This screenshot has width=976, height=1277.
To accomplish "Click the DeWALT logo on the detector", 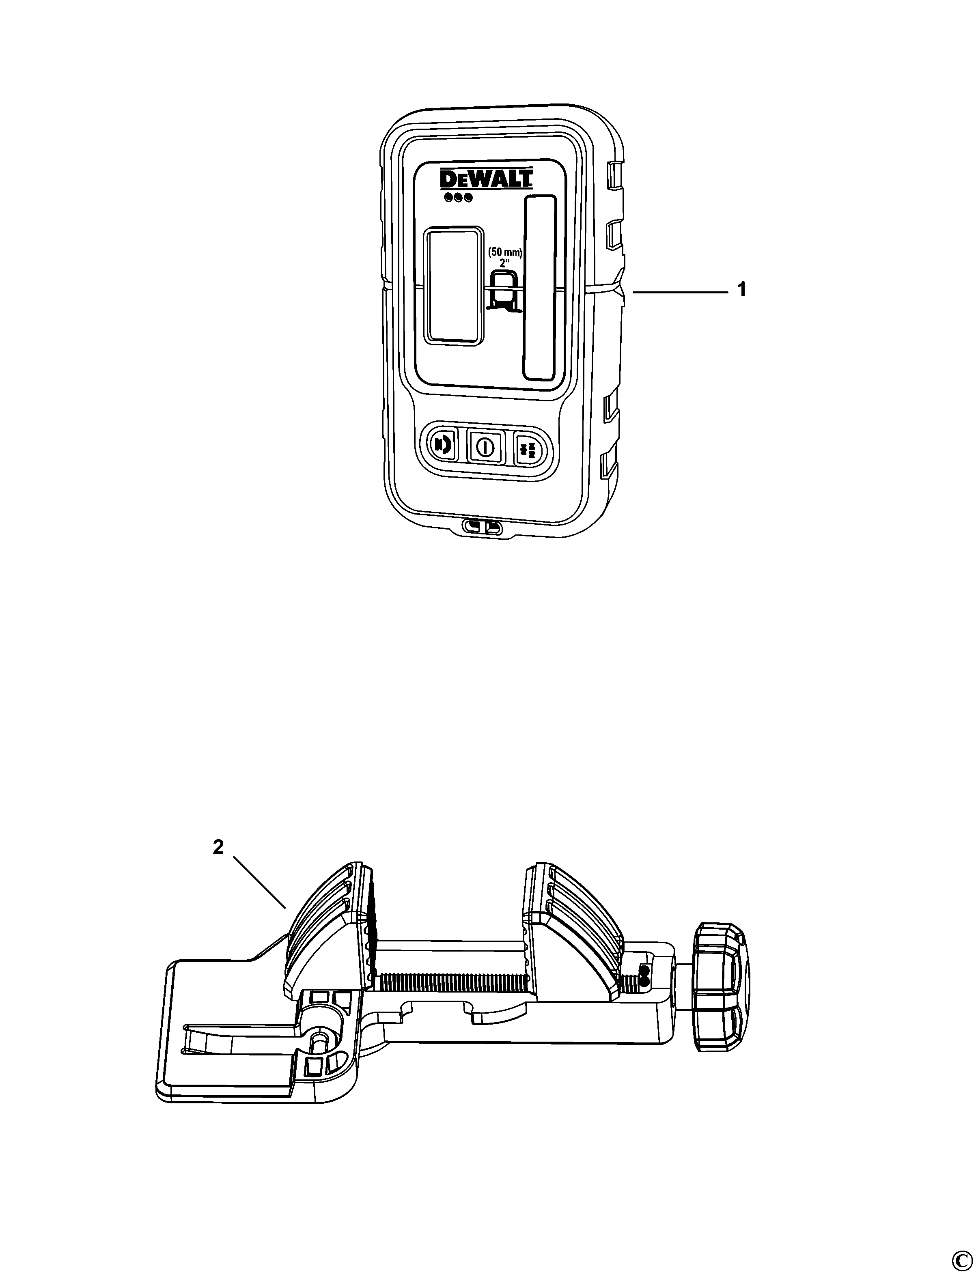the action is (x=486, y=179).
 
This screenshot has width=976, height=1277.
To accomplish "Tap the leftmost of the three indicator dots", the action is (x=448, y=198).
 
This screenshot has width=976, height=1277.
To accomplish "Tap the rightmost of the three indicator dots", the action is (x=468, y=198).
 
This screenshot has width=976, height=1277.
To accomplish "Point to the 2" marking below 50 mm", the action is (x=504, y=263).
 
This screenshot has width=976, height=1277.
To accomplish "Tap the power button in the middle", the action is (x=484, y=447).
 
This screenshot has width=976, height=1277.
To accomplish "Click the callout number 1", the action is (x=741, y=289).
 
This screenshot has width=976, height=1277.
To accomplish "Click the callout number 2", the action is (x=218, y=848).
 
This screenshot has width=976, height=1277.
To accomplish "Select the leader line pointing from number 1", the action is (x=680, y=293).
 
